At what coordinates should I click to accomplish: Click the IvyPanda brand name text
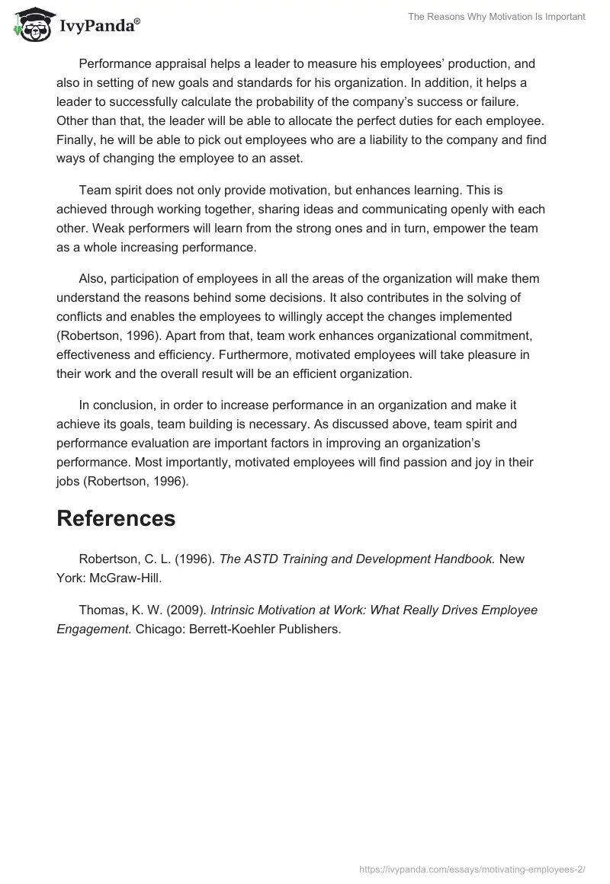[97, 27]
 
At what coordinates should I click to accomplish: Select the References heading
[116, 518]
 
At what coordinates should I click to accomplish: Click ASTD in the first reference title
[263, 559]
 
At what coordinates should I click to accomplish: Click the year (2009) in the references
[183, 610]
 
